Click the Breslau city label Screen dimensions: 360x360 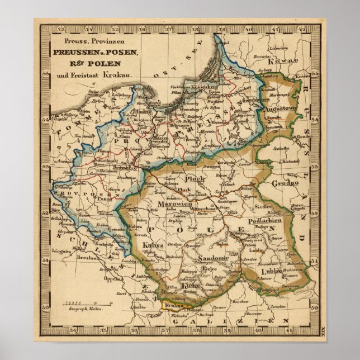coord(91,259)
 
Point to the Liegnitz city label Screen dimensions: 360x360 coord(63,251)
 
